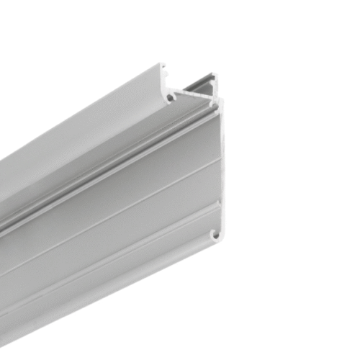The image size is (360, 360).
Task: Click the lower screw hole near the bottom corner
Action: (213, 233)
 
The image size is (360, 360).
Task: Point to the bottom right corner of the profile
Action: (218, 243)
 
